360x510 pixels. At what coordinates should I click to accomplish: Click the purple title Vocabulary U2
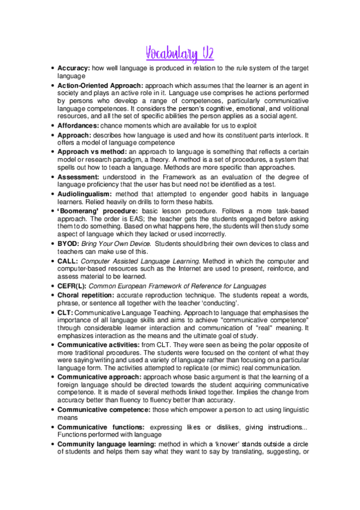point(180,54)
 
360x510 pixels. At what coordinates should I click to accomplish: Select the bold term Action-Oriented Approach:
point(100,86)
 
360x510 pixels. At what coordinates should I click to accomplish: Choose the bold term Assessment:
point(80,177)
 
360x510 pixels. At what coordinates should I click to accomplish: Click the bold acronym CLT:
point(65,313)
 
